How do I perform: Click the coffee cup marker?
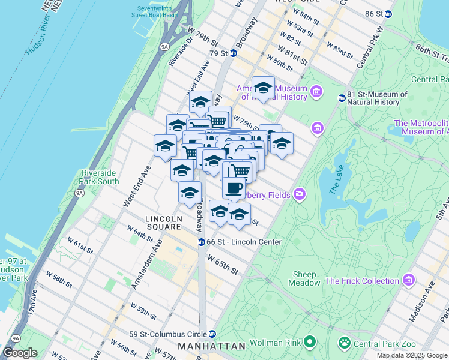(234, 187)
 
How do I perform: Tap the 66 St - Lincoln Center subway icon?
(202, 242)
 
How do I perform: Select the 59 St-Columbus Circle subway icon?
(212, 334)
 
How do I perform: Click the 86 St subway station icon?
(388, 14)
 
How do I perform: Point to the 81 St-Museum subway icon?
(342, 98)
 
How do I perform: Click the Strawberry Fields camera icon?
(299, 194)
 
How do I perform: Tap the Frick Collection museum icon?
(409, 281)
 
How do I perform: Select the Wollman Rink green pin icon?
(310, 342)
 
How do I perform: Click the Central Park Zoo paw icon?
(344, 344)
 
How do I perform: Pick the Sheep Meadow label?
(304, 278)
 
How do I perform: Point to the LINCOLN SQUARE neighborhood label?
(163, 223)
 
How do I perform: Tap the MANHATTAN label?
(212, 347)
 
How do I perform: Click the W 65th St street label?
(223, 265)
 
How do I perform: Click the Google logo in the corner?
(20, 353)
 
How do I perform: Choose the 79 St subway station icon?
(232, 53)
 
